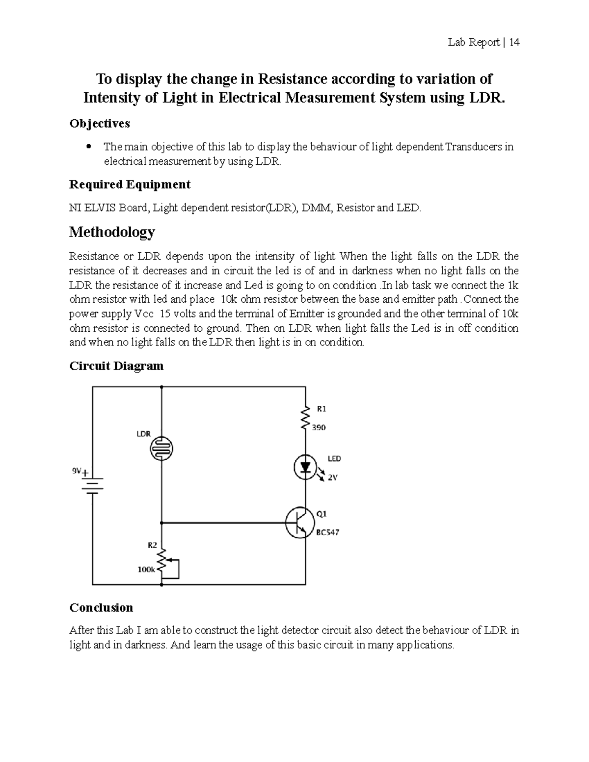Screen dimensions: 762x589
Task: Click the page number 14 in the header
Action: click(x=514, y=43)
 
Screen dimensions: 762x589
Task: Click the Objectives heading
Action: click(x=100, y=124)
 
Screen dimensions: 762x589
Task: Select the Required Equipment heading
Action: click(x=130, y=184)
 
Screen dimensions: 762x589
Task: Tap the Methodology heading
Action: click(x=112, y=232)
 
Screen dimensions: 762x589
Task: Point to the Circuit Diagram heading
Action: click(x=116, y=366)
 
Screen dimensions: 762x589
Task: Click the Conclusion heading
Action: click(x=101, y=607)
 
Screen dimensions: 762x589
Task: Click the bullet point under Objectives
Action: click(x=89, y=146)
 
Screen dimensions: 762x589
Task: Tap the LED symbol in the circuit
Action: click(x=305, y=467)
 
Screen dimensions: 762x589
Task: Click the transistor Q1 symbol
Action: click(x=300, y=523)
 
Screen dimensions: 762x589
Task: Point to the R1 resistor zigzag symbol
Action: click(x=305, y=418)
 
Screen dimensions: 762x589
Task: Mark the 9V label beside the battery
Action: click(x=77, y=471)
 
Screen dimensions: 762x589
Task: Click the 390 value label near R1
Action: click(x=319, y=427)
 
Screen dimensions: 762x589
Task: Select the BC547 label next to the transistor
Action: click(x=327, y=532)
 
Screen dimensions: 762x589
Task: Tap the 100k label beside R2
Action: click(x=146, y=570)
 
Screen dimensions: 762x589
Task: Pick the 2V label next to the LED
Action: click(x=332, y=477)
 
